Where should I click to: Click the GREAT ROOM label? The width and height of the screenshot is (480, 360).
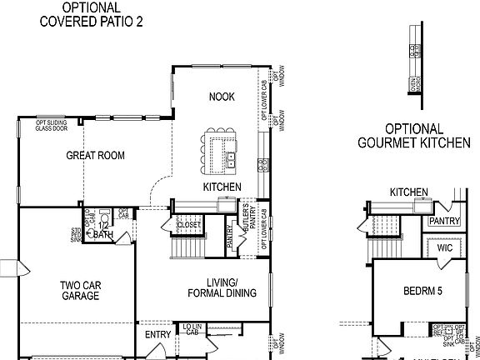pos(96,156)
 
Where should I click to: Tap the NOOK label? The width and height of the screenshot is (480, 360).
pos(221,97)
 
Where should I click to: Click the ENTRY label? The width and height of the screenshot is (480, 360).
pos(157,335)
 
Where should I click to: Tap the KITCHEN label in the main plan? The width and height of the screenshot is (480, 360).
pos(222,187)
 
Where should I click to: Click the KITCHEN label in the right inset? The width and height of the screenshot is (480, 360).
pos(409,192)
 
